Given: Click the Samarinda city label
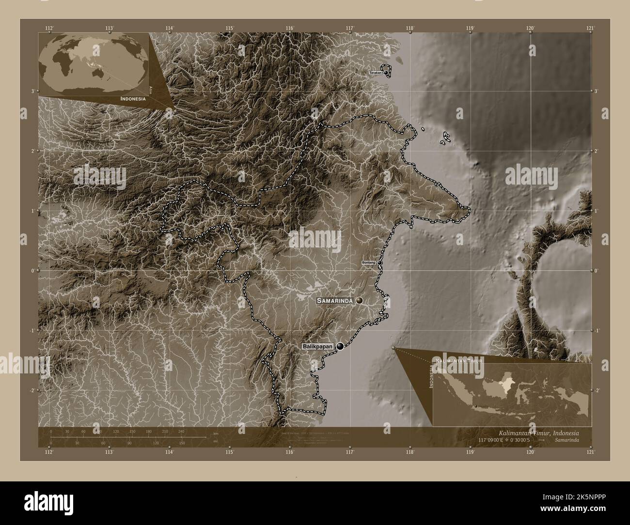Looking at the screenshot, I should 335,301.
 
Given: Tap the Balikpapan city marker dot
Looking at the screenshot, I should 342,346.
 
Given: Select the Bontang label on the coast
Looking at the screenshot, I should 369,262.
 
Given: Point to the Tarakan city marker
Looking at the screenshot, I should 386,73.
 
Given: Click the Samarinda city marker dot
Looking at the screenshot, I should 359,301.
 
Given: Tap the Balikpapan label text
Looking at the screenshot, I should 319,347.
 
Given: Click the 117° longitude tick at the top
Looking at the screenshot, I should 350,28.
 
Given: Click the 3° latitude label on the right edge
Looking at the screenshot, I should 596,91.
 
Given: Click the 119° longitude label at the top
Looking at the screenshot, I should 470,28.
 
